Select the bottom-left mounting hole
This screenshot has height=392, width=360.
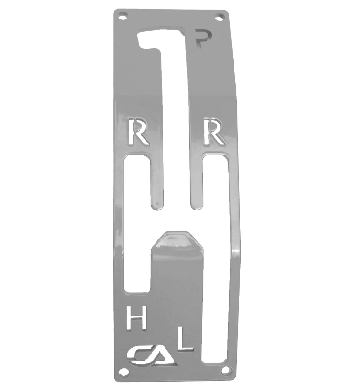point(124,372)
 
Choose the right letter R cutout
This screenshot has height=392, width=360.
point(213,132)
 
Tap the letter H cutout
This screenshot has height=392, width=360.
point(136,318)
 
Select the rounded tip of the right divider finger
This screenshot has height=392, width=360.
point(195,204)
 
